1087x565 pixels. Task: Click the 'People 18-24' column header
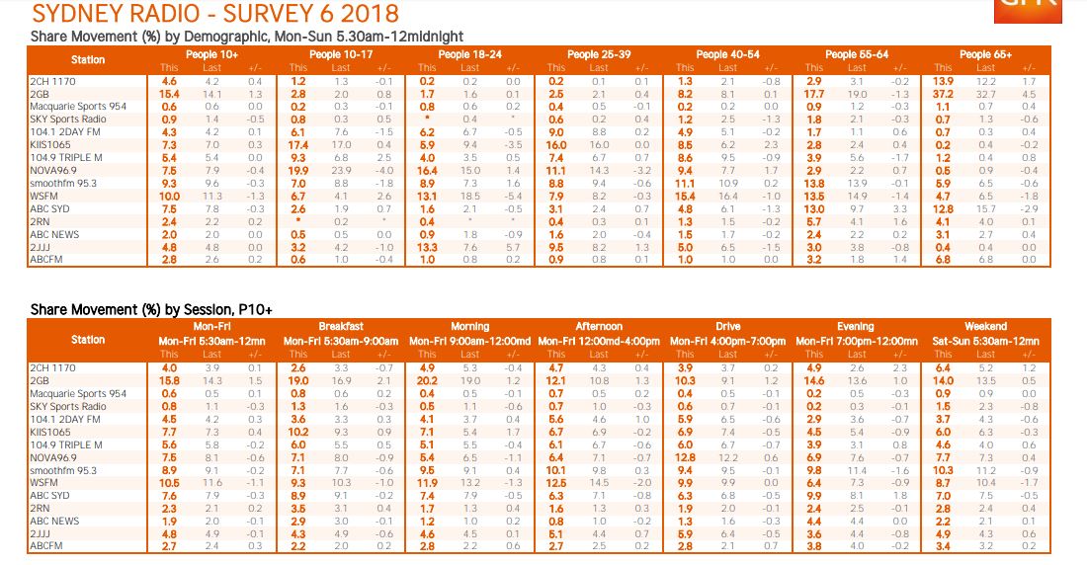coord(469,54)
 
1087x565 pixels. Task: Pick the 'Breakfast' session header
coord(341,326)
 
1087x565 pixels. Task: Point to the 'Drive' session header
coord(727,326)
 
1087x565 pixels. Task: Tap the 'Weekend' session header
coord(985,326)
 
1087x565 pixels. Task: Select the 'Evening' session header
coord(856,326)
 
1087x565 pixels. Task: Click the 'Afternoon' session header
coord(599,326)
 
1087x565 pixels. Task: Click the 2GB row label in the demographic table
coord(42,93)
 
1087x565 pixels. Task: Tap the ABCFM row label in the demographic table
coord(45,259)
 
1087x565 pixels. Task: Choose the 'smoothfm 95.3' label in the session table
coord(58,470)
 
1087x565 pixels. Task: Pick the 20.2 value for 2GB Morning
coord(427,380)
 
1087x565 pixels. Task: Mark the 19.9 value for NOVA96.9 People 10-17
coord(298,170)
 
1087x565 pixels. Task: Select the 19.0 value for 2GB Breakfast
coord(298,380)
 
